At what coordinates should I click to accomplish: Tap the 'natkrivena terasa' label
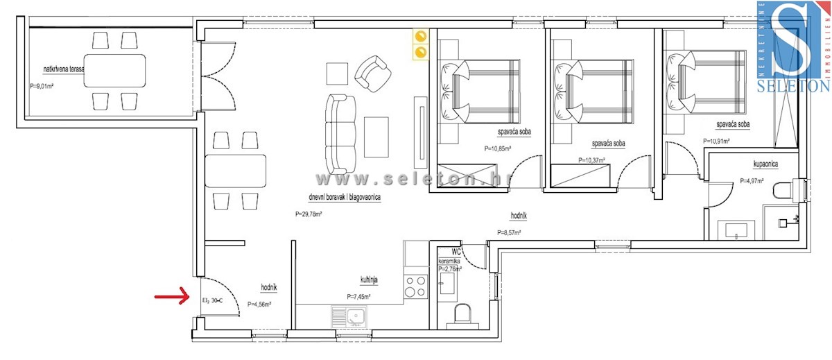[64, 69]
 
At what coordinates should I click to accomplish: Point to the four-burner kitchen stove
[416, 286]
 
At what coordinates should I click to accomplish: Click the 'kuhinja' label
[368, 280]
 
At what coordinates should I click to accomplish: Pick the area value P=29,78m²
[308, 214]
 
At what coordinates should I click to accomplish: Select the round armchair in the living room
[371, 73]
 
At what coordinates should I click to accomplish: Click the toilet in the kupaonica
[788, 190]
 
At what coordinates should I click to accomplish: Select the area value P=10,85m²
[498, 148]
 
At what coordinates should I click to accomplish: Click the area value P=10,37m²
[592, 160]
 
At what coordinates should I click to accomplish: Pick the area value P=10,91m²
[717, 142]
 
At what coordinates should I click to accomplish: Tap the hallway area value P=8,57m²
[510, 232]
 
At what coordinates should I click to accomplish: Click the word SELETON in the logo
[795, 86]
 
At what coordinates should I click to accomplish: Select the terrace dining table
[115, 70]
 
